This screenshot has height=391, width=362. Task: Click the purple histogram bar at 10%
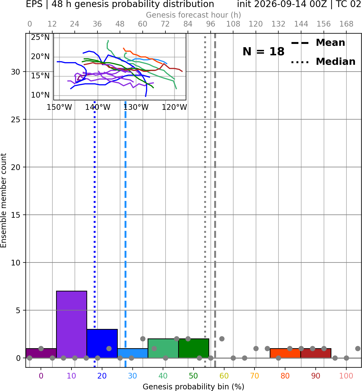click(x=71, y=324)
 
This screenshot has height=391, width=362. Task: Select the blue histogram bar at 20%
click(x=102, y=343)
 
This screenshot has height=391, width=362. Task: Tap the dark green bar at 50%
click(x=194, y=348)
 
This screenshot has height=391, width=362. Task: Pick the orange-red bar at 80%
click(x=285, y=353)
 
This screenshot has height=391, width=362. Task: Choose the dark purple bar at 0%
click(x=41, y=353)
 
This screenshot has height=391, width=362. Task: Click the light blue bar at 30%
click(x=133, y=353)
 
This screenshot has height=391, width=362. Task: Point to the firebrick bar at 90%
click(x=316, y=353)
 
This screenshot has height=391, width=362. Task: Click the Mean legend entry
click(x=318, y=43)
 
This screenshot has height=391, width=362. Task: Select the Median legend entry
click(x=323, y=62)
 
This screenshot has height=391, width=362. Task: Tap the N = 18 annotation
click(x=263, y=52)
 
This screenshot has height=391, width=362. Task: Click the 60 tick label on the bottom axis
click(x=224, y=376)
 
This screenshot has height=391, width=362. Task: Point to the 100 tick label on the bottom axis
click(x=346, y=376)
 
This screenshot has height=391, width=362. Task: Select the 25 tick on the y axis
click(x=16, y=120)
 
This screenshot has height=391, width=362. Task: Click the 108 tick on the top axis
click(x=233, y=24)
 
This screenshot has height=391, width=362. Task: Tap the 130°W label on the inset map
click(x=136, y=107)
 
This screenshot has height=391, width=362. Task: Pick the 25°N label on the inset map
click(x=40, y=37)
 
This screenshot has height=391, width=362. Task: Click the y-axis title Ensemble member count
click(x=4, y=200)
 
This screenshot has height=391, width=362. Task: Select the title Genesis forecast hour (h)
click(x=194, y=15)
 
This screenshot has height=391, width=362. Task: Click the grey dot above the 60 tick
click(x=222, y=339)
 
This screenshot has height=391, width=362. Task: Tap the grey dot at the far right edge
click(x=358, y=348)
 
